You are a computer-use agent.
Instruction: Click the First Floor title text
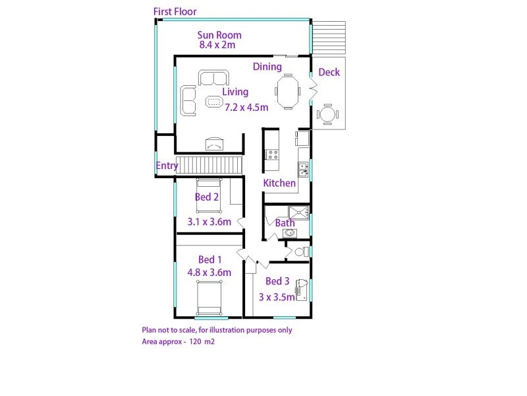pos(175,11)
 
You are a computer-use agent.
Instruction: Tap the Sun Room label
pos(219,35)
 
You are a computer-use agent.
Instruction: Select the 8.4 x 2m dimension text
pos(217,46)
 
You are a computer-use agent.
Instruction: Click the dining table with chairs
pos(287,92)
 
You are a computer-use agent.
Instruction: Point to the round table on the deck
pos(328,115)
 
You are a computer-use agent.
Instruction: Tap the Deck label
pos(329,72)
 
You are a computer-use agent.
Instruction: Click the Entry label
pos(167,166)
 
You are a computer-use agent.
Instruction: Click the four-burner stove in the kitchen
pos(271,155)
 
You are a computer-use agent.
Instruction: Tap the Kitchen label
pos(279,183)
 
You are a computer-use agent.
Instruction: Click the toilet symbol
pos(300,251)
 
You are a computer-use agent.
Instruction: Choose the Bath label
pos(285,223)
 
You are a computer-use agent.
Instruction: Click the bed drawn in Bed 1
pos(209,297)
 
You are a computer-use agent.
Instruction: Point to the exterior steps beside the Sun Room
pos(328,38)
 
